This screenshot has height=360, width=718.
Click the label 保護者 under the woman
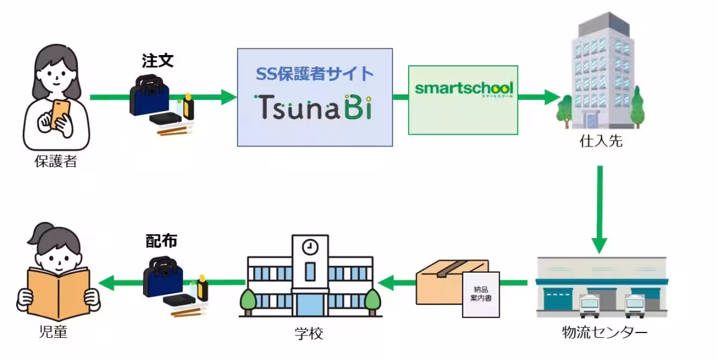point(56,161)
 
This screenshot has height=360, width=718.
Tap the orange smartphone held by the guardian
point(60,112)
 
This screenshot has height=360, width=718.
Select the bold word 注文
point(157,61)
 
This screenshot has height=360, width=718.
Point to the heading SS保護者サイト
point(315,74)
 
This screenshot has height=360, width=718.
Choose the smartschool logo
point(463,89)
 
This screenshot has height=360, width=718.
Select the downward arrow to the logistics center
point(600,209)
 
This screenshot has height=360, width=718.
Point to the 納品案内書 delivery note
point(480,294)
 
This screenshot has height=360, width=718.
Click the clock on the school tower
point(310,246)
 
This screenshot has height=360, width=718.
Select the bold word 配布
point(162,240)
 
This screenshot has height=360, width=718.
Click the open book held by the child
point(58,293)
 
